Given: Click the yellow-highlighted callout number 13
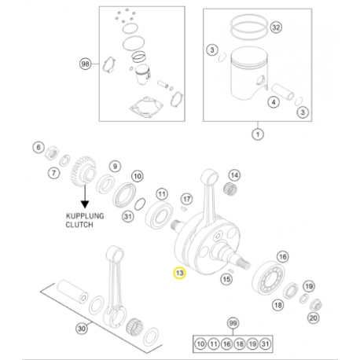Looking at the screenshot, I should click(179, 274).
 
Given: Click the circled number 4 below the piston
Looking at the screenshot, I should click(272, 102).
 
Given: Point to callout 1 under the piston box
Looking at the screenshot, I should click(255, 134).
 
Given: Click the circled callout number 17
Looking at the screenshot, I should click(186, 198).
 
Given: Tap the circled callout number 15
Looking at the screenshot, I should click(227, 279).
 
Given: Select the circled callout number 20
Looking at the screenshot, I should click(314, 318).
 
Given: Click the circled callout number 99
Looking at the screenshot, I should click(232, 324).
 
